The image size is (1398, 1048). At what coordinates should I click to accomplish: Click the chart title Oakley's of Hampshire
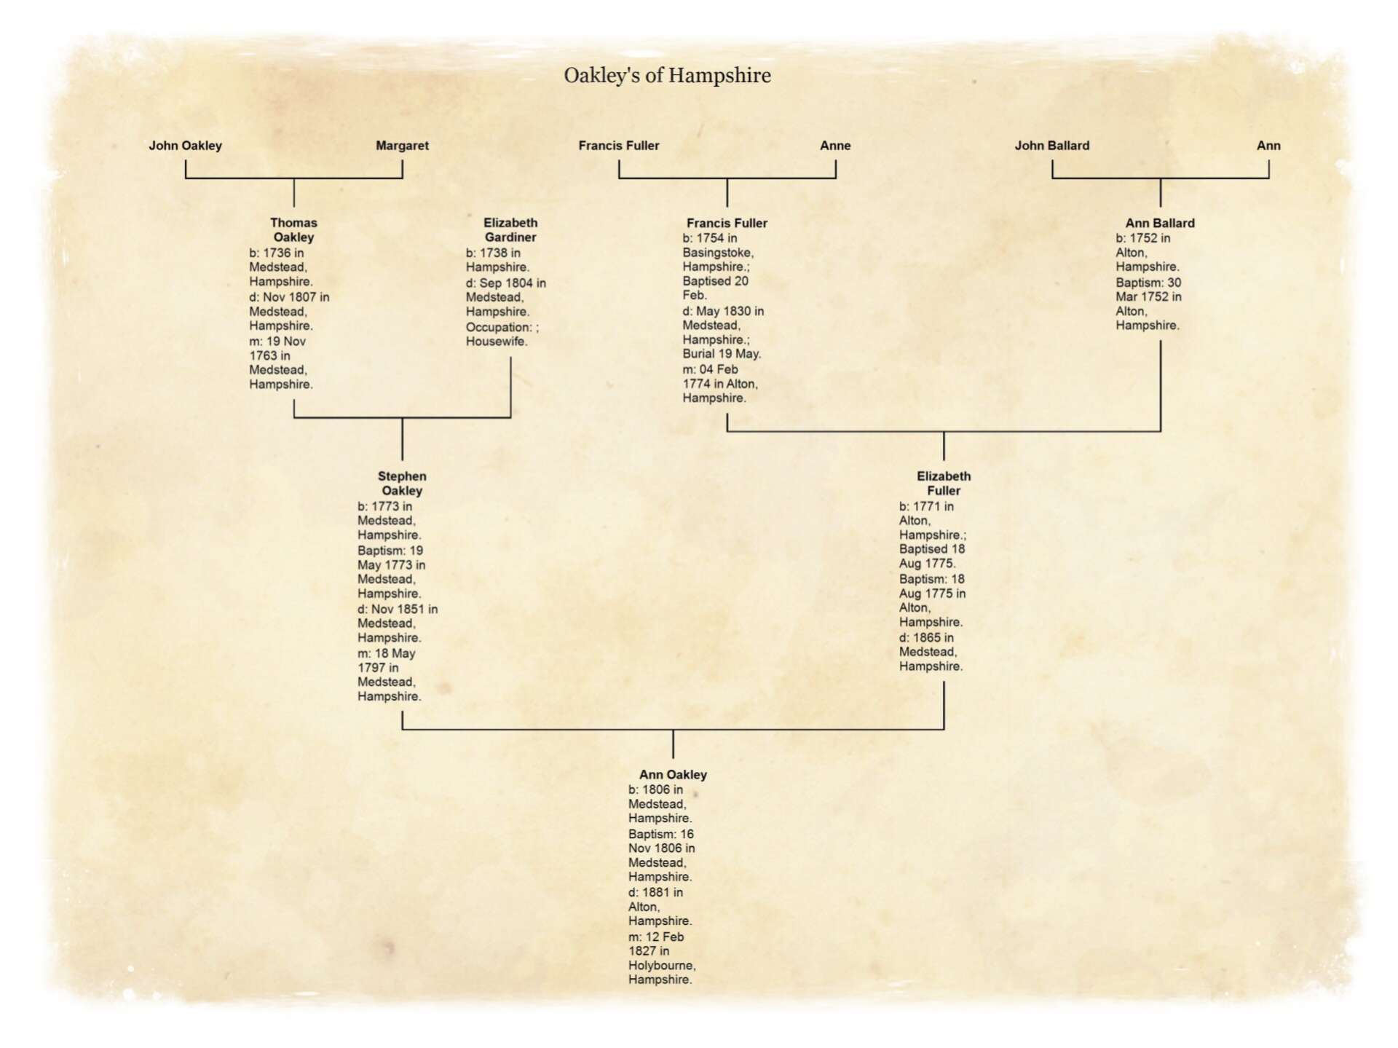667,75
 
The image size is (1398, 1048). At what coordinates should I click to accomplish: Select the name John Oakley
185,146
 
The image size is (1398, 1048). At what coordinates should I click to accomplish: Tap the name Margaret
402,146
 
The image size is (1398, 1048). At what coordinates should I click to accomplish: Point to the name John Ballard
1051,146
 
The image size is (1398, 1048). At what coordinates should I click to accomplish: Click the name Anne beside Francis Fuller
835,146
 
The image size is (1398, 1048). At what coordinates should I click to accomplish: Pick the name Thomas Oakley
293,230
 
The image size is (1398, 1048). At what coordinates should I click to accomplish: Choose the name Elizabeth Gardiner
510,230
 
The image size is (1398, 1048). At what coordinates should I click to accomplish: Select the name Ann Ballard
1159,224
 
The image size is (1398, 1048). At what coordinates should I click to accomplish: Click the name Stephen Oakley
402,484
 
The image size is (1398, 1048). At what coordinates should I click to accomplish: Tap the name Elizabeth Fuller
944,484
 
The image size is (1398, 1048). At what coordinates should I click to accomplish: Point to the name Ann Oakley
673,775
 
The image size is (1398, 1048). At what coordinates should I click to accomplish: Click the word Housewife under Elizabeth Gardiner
497,342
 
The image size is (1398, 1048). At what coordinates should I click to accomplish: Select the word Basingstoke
717,253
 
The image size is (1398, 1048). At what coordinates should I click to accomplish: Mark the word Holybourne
661,966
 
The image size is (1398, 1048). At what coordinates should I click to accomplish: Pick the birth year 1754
710,238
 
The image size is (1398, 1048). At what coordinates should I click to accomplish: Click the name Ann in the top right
1268,146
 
